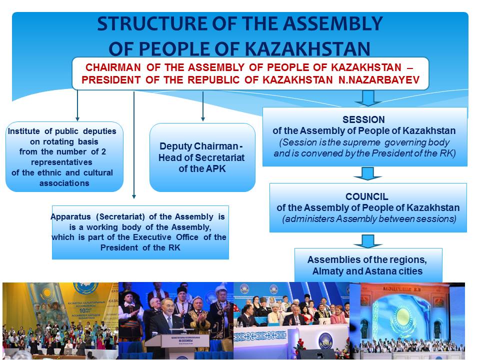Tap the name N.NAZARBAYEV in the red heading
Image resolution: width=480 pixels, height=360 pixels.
379,80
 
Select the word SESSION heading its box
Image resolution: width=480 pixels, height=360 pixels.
363,119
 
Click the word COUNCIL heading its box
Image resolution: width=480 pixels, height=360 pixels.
366,196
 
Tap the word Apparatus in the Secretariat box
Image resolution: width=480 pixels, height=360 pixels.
70,217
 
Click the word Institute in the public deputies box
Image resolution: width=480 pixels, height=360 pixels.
23,131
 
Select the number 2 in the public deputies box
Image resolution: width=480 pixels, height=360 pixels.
103,152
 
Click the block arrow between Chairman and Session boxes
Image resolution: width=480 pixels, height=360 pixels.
368,98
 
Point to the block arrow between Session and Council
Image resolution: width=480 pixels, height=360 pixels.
367,173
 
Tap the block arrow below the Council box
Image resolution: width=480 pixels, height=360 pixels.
367,241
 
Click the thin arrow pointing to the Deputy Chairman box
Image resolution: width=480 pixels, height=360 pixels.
203,106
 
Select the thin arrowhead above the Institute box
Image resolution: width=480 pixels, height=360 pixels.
77,119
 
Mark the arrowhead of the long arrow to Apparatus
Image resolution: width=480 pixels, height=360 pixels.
134,196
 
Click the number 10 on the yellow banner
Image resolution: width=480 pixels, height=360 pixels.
82,310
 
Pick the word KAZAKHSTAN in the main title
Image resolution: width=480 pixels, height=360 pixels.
307,49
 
